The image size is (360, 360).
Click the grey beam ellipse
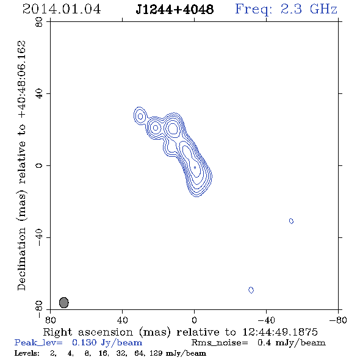pos(64,303)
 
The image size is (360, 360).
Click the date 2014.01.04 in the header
pos(62,9)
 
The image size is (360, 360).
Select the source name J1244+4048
pos(175,9)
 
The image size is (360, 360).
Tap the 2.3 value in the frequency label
pos(291,9)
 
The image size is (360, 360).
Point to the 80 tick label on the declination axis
pos(39,22)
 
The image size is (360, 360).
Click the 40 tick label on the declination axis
pos(39,94)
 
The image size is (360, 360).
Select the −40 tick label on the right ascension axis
pos(266,320)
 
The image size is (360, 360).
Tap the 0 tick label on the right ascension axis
pos(194,320)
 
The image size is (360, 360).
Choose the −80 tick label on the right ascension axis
pos(338,320)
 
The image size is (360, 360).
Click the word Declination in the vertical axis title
pos(21,259)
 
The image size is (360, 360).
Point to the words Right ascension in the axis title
pos(88,332)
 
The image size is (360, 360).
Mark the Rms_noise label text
pos(220,343)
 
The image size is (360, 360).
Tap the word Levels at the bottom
pos(27,353)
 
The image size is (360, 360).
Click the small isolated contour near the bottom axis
pos(251,290)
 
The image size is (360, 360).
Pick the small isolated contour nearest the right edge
pos(291,221)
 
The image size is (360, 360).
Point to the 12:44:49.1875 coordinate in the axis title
pos(280,332)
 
